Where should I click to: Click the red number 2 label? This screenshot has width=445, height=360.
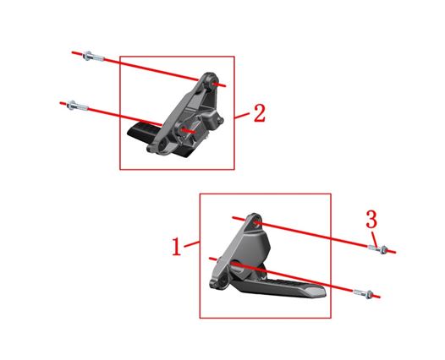(x=260, y=113)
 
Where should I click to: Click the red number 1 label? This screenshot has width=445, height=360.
(x=177, y=246)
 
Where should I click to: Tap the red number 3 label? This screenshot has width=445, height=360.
(x=371, y=219)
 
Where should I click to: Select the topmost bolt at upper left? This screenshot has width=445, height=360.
(x=93, y=56)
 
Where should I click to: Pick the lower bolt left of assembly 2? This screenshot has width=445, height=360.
(x=77, y=106)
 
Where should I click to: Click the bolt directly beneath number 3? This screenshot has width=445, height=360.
(x=378, y=248)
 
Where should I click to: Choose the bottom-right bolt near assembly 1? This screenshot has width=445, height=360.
(x=363, y=293)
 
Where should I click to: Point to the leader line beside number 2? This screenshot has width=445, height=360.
(x=242, y=116)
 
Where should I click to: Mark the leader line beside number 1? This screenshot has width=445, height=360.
(x=192, y=243)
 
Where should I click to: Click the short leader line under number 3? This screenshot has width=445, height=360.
(x=375, y=238)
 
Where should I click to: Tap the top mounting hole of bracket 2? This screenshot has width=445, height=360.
(x=213, y=83)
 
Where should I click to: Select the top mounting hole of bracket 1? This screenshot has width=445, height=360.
(x=256, y=222)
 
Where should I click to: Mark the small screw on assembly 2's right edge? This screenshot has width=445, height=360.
(x=221, y=121)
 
